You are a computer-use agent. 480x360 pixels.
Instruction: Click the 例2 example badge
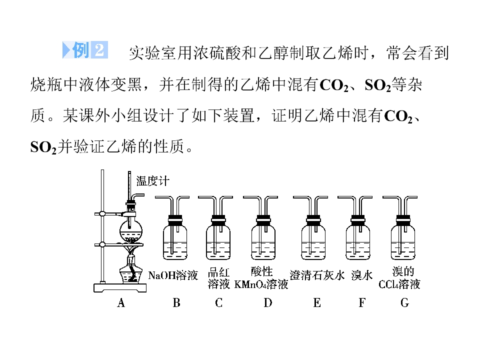coord(85,49)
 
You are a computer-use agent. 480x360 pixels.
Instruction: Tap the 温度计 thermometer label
coord(153,181)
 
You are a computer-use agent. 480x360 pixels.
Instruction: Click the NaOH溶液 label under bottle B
coord(173,275)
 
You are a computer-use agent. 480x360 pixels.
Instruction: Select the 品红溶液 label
coord(218,278)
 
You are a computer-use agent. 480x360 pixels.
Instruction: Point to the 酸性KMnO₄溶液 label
coord(261,277)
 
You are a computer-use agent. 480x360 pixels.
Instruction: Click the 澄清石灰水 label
coord(317,275)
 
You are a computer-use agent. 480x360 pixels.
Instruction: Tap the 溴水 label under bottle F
coord(362,275)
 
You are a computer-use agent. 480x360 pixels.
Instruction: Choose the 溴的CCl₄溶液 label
coord(399,277)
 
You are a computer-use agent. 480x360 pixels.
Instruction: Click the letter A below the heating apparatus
coord(121,303)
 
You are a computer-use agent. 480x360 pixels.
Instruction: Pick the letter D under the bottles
coord(268,303)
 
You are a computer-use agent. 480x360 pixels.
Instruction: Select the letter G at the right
coord(404,303)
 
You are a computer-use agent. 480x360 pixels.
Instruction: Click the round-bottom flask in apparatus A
coord(131,231)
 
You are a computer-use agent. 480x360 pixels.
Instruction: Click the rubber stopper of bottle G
coord(403,218)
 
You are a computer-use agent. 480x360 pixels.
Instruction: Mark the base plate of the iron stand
coord(120,288)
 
